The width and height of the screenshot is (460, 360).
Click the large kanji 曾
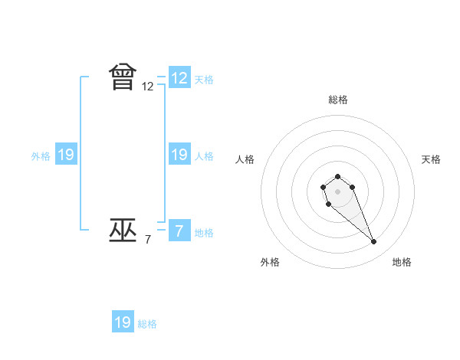(123, 78)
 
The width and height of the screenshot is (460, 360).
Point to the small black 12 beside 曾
(148, 87)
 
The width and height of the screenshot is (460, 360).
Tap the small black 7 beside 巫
(148, 240)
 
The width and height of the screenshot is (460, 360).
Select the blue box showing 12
(179, 78)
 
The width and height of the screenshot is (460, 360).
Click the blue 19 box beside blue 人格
(179, 155)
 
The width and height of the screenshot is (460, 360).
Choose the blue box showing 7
(179, 231)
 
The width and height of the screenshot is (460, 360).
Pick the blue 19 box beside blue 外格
(66, 155)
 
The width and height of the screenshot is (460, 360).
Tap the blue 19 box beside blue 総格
(123, 322)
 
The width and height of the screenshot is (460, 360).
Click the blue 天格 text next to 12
(204, 80)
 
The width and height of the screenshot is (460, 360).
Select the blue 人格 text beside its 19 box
(204, 156)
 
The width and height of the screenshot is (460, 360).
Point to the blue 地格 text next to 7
(204, 233)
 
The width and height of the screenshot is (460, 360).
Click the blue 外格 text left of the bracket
(41, 156)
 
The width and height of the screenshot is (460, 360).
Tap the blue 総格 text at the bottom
(147, 324)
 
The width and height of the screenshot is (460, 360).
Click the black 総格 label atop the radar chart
(338, 100)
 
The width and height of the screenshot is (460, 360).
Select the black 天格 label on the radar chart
(432, 159)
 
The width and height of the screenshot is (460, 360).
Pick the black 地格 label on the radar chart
(402, 262)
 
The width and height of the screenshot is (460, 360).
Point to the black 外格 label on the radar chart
(270, 262)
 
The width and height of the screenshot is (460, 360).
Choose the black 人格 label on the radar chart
(245, 159)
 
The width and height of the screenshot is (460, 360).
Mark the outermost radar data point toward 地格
(374, 242)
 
